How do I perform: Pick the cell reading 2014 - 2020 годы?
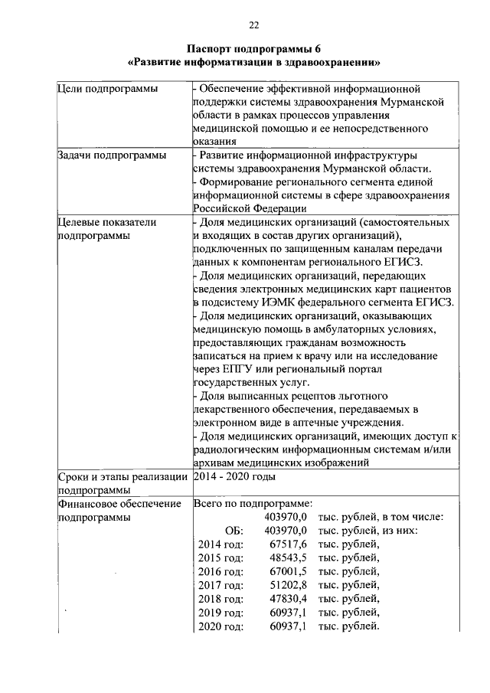(234, 476)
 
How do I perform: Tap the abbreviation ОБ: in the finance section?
(234, 530)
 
